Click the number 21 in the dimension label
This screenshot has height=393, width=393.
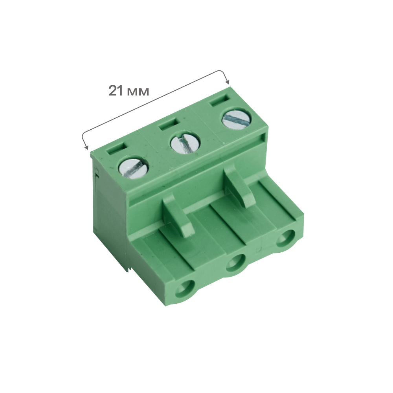(x=116, y=90)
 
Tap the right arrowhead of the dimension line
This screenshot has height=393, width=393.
(x=227, y=82)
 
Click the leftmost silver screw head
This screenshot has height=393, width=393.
(x=133, y=168)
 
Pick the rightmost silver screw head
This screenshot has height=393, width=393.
(x=236, y=118)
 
